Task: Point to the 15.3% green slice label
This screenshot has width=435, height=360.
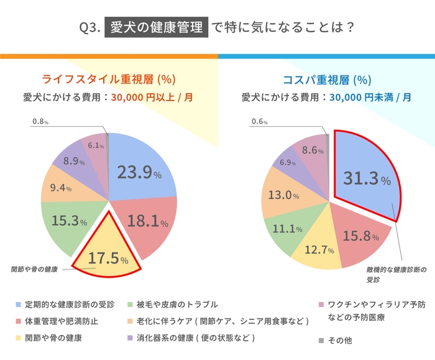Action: [x=69, y=221]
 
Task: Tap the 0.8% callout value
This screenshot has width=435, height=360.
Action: [x=39, y=122]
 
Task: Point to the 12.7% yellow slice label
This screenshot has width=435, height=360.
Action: [x=319, y=250]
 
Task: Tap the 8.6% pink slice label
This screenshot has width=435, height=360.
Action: [x=313, y=150]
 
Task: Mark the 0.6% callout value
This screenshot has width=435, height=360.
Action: [x=259, y=122]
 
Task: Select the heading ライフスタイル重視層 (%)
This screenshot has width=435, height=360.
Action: [x=108, y=79]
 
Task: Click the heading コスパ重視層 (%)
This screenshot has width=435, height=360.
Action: [x=326, y=79]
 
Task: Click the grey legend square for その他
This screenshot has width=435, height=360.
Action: [x=321, y=341]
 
